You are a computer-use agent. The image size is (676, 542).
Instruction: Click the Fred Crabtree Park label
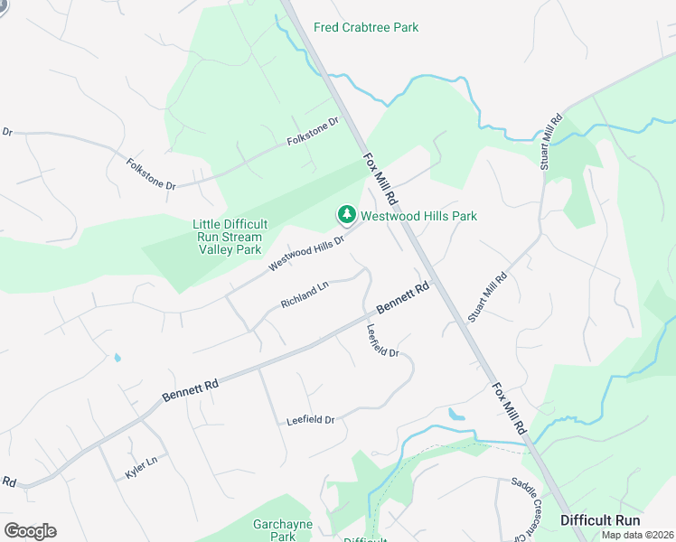tap(366, 27)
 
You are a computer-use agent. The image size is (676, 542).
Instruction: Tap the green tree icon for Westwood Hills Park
tap(346, 215)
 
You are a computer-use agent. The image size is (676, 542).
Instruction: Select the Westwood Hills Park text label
tap(418, 216)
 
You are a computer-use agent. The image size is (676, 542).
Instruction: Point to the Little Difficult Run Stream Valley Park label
tap(227, 237)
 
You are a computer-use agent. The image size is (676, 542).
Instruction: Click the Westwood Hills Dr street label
tap(307, 254)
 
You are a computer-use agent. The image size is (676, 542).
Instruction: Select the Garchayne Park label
tap(270, 530)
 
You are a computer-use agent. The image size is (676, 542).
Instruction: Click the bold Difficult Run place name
tap(600, 520)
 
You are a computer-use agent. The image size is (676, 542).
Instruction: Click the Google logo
tap(31, 531)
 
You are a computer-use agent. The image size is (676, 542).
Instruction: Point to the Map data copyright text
tap(637, 535)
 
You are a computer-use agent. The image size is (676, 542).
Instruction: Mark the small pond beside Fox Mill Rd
tap(456, 416)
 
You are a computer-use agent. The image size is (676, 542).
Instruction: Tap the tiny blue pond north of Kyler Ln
tap(117, 358)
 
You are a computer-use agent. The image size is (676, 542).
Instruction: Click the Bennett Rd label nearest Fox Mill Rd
tap(402, 299)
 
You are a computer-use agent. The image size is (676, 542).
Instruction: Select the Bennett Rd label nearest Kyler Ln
tap(191, 390)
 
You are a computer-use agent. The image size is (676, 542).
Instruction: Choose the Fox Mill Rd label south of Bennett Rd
tap(509, 410)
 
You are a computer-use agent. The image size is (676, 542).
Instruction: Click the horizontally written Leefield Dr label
tap(310, 420)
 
